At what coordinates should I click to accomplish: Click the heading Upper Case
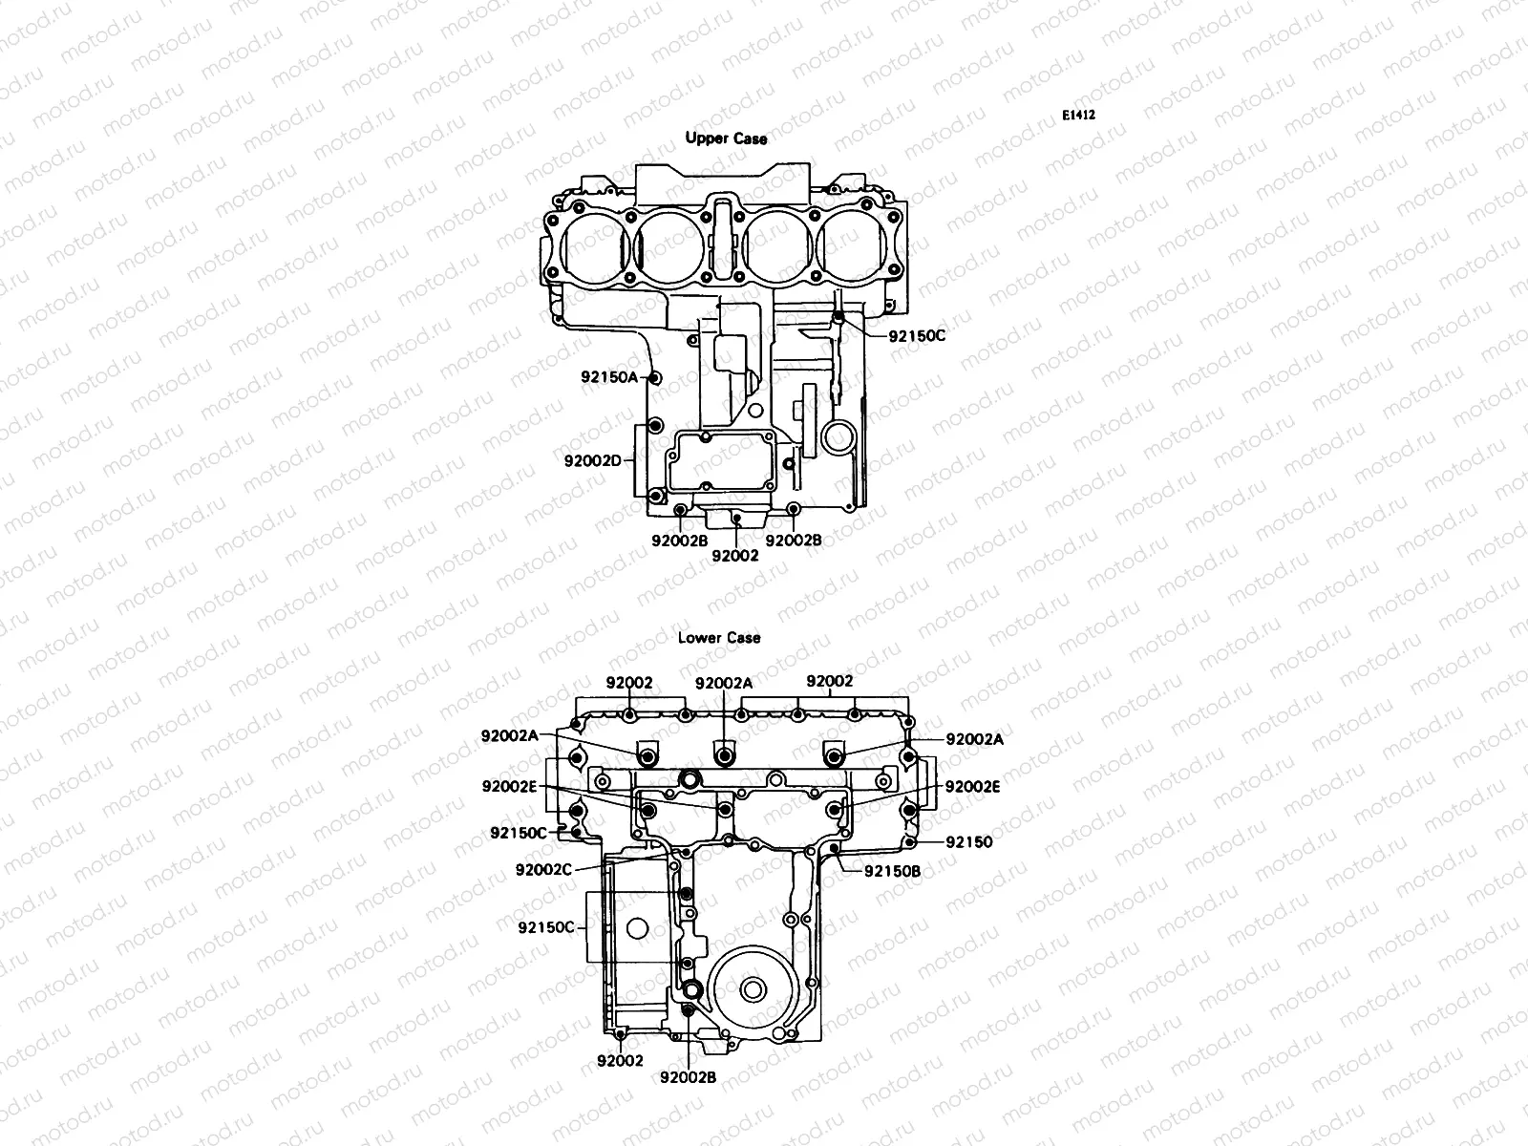[x=726, y=138]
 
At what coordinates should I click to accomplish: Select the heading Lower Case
[x=719, y=637]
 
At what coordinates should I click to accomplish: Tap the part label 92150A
[x=608, y=376]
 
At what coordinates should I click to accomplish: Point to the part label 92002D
[x=592, y=460]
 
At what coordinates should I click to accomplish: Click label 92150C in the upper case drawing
[x=917, y=336]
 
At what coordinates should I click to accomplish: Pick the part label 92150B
[x=892, y=871]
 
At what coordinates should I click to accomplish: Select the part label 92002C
[x=543, y=869]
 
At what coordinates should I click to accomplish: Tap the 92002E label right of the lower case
[x=973, y=786]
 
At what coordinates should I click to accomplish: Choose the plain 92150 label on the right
[x=969, y=842]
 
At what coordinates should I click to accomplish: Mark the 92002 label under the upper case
[x=735, y=555]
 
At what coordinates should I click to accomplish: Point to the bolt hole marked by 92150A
[x=655, y=378]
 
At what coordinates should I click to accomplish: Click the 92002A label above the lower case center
[x=724, y=683]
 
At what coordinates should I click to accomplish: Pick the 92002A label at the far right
[x=975, y=739]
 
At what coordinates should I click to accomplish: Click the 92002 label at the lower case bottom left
[x=621, y=1060]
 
